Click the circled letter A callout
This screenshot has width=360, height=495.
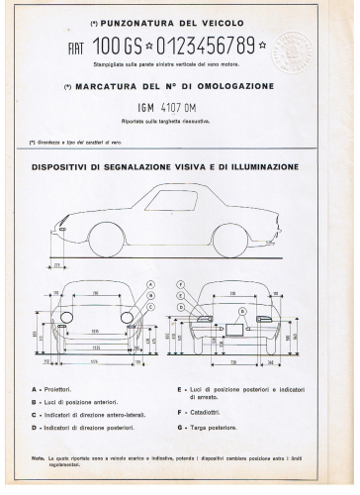[149, 284]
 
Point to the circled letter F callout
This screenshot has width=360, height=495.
[181, 284]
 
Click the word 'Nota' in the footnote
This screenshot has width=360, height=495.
[38, 457]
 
